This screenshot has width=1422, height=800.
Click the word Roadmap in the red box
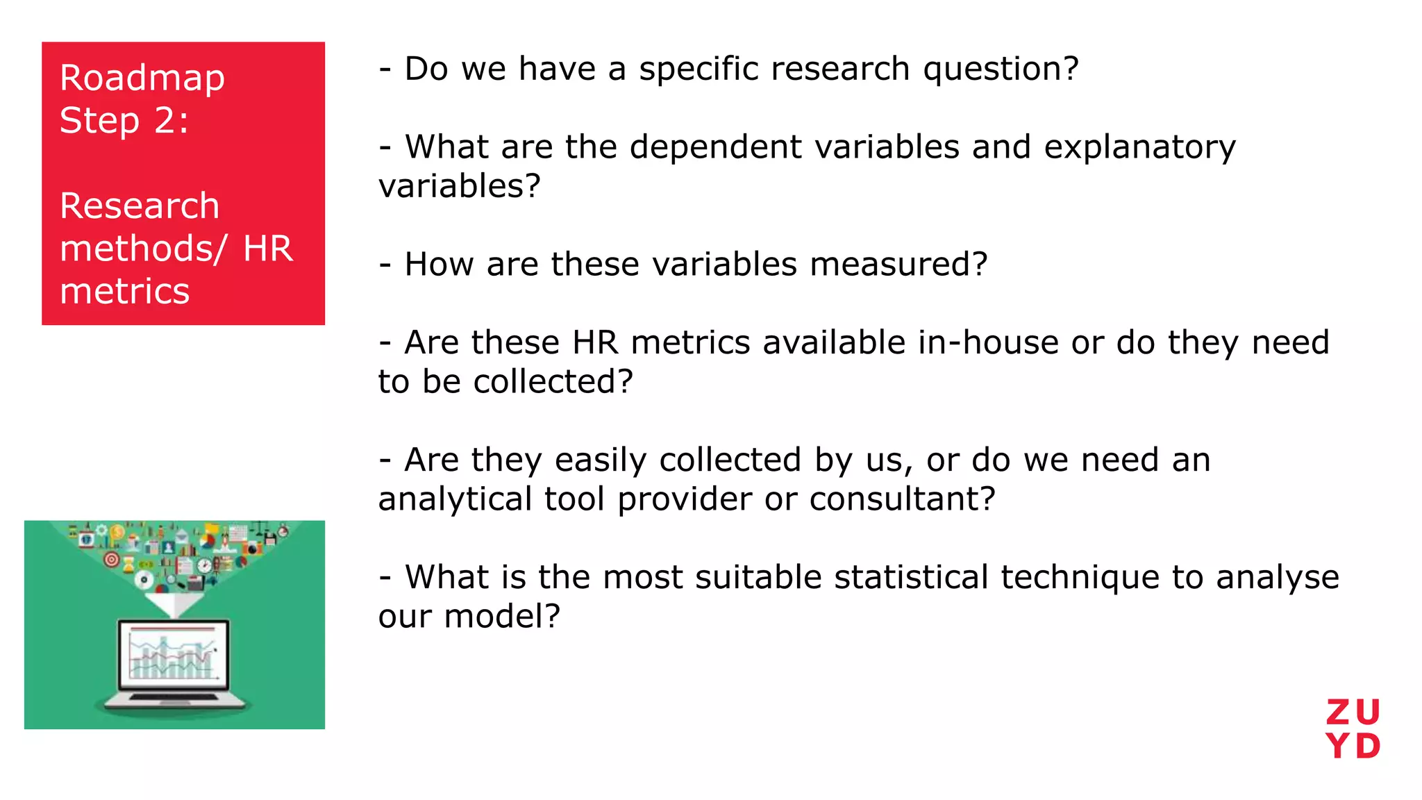coord(142,78)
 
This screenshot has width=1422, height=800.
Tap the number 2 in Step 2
coord(165,120)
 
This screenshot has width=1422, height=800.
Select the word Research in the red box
coord(140,206)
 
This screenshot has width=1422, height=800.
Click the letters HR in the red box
coord(268,249)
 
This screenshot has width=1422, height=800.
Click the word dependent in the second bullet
coord(716,147)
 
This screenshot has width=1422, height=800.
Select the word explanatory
coord(1139,147)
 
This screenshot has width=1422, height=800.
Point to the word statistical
coord(911,577)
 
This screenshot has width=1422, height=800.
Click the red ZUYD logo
coord(1353,729)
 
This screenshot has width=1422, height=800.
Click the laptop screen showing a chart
coord(174,653)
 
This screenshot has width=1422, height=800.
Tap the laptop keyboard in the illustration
coord(174,697)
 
